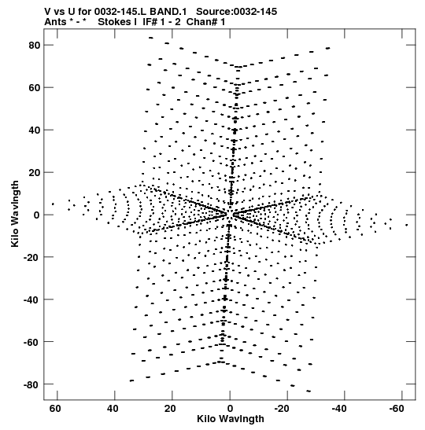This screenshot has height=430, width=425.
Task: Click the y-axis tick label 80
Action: (x=35, y=46)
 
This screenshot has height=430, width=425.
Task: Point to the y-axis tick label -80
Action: (x=31, y=384)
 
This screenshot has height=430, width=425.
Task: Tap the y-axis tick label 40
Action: (x=35, y=130)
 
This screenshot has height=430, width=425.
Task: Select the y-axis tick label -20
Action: (x=31, y=257)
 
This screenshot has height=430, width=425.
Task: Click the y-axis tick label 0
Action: (x=37, y=215)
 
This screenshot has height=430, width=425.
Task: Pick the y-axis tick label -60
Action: (x=31, y=342)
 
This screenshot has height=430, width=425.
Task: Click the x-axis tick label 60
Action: (x=55, y=409)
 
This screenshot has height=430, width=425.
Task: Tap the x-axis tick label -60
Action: (x=396, y=409)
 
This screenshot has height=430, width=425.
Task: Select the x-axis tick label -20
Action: (x=282, y=409)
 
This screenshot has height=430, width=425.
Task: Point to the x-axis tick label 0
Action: (x=230, y=409)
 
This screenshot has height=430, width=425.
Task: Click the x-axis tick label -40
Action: (x=339, y=409)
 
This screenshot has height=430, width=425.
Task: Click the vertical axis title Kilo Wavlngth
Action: (x=15, y=214)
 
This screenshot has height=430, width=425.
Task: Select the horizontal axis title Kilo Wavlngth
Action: (x=231, y=419)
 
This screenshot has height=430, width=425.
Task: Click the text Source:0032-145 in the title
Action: (x=236, y=12)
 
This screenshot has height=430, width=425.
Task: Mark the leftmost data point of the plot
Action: (x=53, y=204)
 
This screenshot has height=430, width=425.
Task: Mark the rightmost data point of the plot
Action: (x=407, y=225)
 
